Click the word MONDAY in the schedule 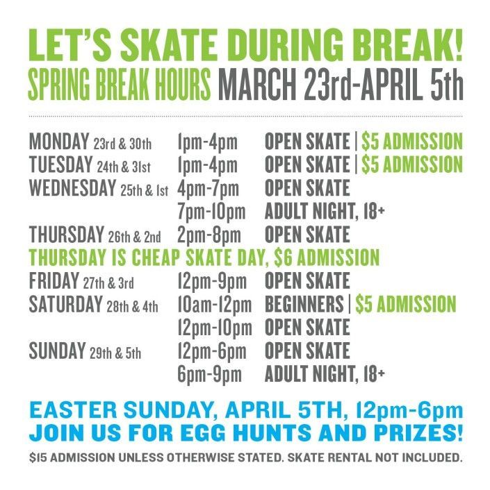pyautogui.click(x=59, y=142)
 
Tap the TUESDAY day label pyautogui.click(x=60, y=164)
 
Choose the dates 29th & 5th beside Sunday pyautogui.click(x=115, y=353)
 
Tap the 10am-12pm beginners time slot pyautogui.click(x=215, y=304)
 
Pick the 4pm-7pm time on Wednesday pyautogui.click(x=208, y=188)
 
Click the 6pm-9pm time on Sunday pyautogui.click(x=209, y=375)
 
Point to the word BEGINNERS pyautogui.click(x=307, y=304)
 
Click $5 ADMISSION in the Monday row pyautogui.click(x=413, y=142)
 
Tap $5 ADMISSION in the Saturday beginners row pyautogui.click(x=406, y=304)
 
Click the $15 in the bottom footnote pyautogui.click(x=39, y=458)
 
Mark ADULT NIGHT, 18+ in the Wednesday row pyautogui.click(x=325, y=211)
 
